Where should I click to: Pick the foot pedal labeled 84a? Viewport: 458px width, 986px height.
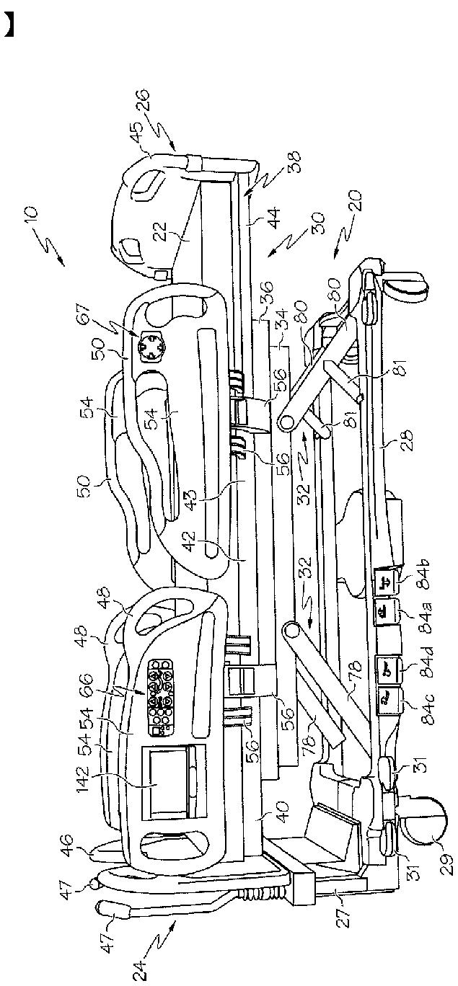coord(382,613)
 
